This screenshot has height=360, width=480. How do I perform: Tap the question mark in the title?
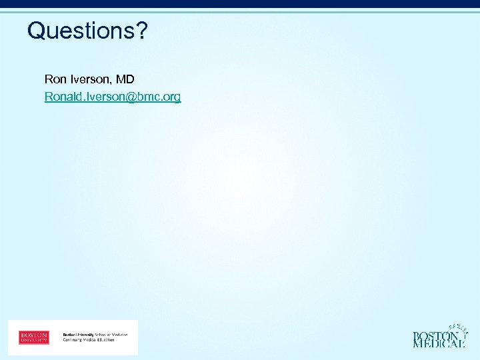click(x=142, y=30)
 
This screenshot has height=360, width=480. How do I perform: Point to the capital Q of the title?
click(x=35, y=30)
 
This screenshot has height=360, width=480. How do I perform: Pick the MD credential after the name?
click(x=125, y=79)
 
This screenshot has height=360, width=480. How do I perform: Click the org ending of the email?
click(x=172, y=97)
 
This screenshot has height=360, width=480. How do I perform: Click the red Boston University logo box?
click(x=34, y=337)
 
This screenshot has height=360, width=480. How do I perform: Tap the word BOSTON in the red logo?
click(x=34, y=334)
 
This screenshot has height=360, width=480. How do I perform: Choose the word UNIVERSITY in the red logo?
click(x=34, y=340)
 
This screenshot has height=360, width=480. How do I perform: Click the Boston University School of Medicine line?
click(x=95, y=334)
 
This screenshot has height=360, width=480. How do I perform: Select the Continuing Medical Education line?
click(x=89, y=340)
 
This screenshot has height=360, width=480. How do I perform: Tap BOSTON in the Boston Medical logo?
click(x=435, y=336)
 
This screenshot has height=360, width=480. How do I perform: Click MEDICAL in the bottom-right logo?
click(x=439, y=344)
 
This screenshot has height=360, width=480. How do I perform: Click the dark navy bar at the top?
click(x=240, y=4)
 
